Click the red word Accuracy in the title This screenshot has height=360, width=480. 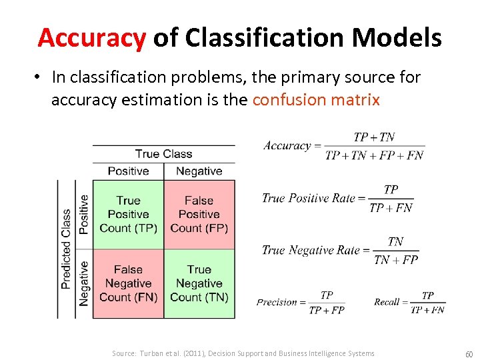(91, 38)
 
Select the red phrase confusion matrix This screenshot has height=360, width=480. (316, 100)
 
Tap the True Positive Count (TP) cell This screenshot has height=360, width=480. (128, 214)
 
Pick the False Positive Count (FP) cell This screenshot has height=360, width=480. (199, 214)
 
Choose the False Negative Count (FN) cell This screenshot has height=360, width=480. (128, 283)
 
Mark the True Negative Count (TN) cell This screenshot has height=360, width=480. (199, 283)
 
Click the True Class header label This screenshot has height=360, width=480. (163, 154)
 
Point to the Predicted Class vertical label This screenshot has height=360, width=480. (66, 249)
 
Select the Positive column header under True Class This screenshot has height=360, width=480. (128, 171)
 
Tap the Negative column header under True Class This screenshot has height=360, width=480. (199, 171)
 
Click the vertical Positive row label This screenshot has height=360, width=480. (83, 214)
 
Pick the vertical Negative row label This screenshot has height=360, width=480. (83, 283)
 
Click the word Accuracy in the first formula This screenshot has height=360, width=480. (287, 146)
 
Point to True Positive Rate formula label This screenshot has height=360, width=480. (309, 198)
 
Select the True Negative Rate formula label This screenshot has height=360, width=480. (311, 250)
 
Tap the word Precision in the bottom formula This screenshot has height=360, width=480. (277, 302)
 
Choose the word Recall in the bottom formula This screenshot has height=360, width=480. (387, 302)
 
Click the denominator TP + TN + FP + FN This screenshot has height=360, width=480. (374, 155)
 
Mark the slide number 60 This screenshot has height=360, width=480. (469, 353)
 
